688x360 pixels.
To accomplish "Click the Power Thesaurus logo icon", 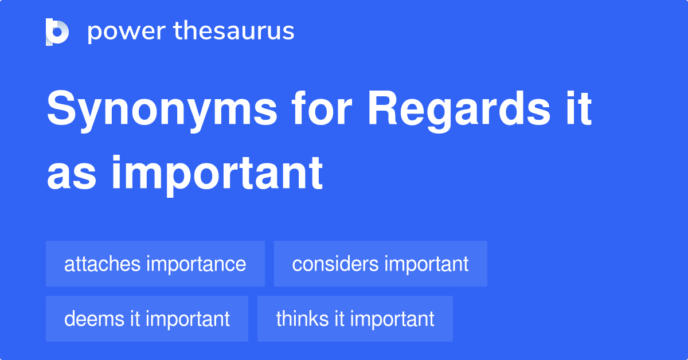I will tap(57, 32).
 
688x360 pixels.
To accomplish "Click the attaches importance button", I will tap(155, 264).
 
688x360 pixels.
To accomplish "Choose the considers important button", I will tap(380, 264).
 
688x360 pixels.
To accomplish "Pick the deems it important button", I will tap(147, 319).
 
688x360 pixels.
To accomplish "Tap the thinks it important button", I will tap(355, 319).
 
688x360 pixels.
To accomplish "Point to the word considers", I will tap(335, 264).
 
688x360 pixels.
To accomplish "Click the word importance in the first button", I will tap(196, 264).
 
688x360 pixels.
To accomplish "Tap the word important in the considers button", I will tap(426, 264).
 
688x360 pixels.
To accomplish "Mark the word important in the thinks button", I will tap(392, 319).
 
